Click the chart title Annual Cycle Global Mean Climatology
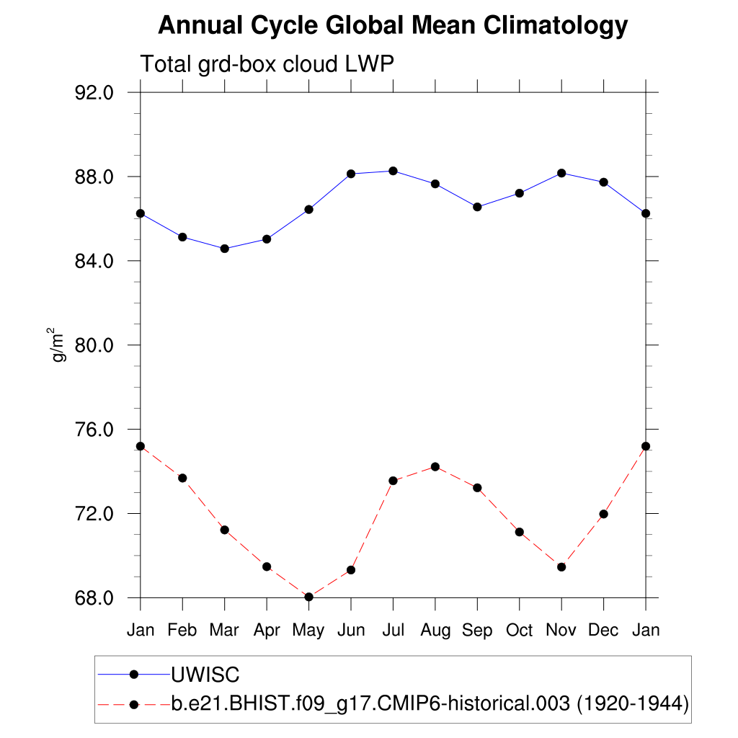point(393,26)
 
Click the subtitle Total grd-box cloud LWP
point(267,64)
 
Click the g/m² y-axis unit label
point(58,344)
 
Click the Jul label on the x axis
point(393,631)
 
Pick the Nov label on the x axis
point(561,631)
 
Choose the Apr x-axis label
point(267,631)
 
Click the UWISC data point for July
point(393,171)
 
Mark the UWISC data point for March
point(224,249)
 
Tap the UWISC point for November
point(561,173)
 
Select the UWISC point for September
point(477,207)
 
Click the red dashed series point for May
point(308,597)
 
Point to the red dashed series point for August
point(435,466)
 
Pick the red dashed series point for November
point(561,567)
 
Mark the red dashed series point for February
point(182,478)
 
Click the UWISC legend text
point(205,675)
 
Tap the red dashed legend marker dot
point(133,704)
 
